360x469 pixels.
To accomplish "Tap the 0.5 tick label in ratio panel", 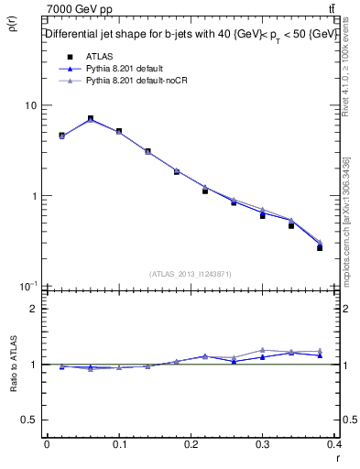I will click(30, 420).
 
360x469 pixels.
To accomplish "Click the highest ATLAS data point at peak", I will click(90, 119).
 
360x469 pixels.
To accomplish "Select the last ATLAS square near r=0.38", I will click(320, 247).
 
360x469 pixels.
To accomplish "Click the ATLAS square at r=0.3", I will click(262, 215).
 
